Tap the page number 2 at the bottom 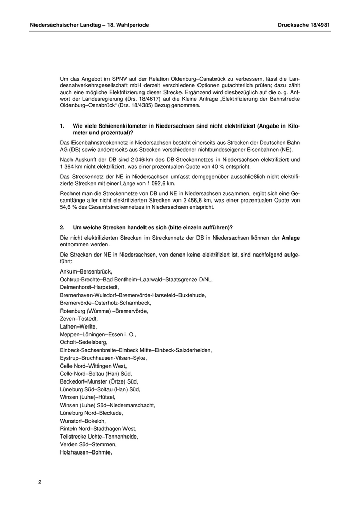coord(40,482)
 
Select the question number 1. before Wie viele coord(62,126)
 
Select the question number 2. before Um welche coord(62,227)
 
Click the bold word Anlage coord(291,238)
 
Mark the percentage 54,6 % coord(69,208)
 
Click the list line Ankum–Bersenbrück coord(86,271)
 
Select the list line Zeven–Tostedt coord(79,319)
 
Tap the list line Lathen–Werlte coord(78,326)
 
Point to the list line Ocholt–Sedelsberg coord(84,342)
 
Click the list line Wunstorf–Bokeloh coord(83,421)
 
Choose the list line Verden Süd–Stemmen coord(88,444)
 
